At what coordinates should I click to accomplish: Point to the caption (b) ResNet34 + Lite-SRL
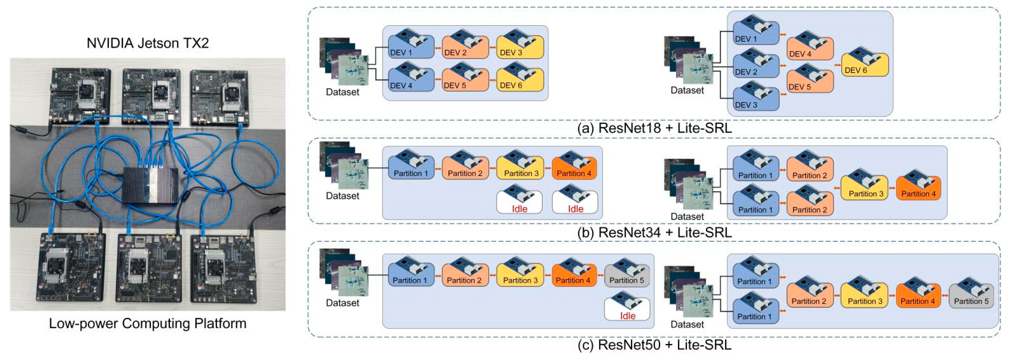point(654,232)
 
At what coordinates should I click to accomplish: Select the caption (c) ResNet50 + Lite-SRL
point(654,345)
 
